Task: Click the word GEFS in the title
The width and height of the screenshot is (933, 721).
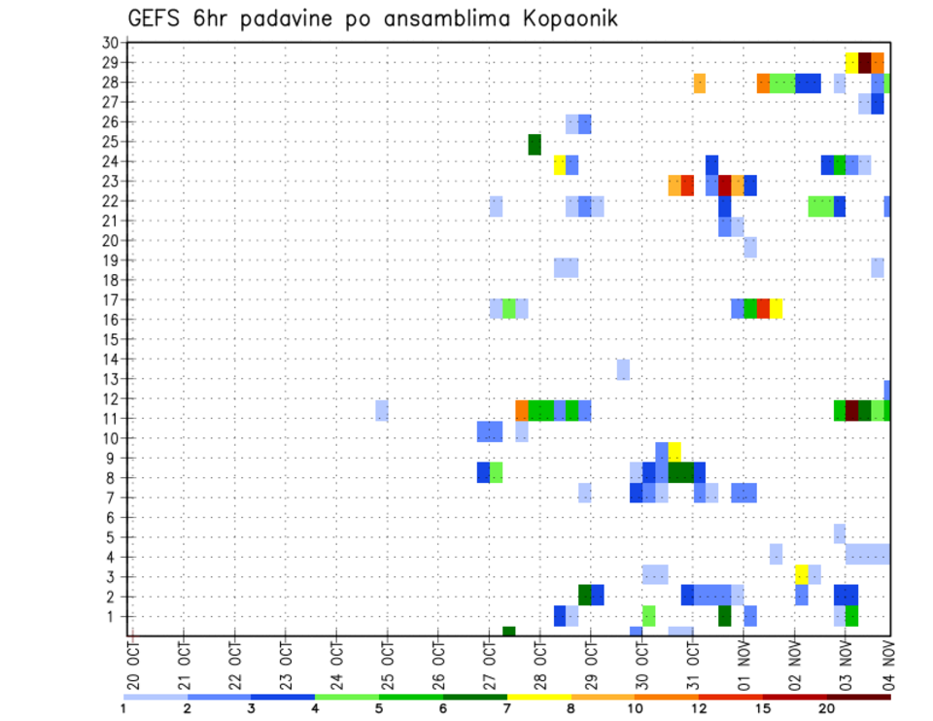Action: tap(156, 18)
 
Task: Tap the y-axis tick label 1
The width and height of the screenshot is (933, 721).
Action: tap(113, 616)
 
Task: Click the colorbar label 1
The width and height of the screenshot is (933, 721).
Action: tap(123, 707)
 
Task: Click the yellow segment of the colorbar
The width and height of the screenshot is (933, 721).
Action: tap(538, 696)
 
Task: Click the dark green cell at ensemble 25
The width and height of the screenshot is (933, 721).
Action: tap(535, 144)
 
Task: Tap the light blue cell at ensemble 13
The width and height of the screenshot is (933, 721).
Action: tap(623, 369)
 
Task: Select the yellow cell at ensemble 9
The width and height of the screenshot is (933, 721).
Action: tap(674, 452)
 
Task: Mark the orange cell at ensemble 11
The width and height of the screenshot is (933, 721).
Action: tap(522, 410)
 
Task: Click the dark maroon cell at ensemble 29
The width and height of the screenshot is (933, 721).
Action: tap(865, 62)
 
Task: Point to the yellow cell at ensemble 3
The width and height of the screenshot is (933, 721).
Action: tap(802, 574)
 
